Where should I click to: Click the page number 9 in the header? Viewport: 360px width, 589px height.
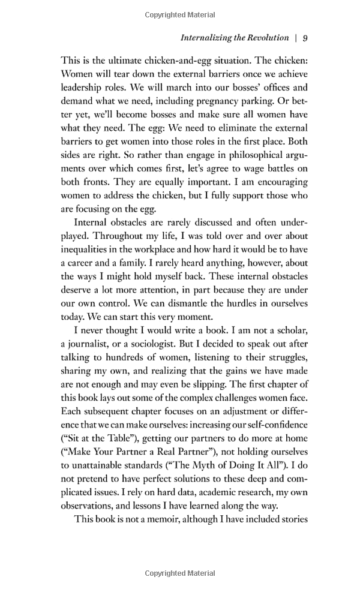(x=305, y=38)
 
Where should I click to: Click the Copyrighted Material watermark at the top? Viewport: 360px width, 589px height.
(x=179, y=14)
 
